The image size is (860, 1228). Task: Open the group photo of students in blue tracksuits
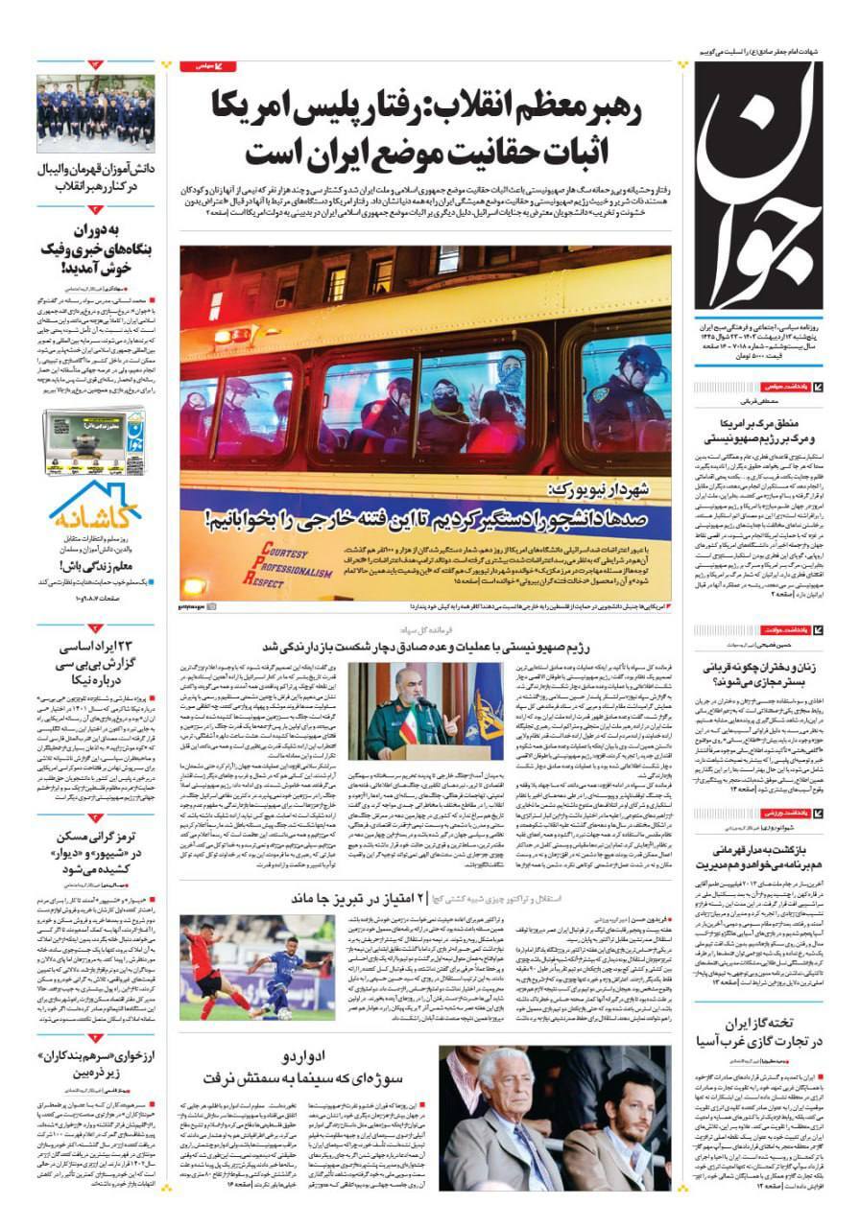coord(95,113)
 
